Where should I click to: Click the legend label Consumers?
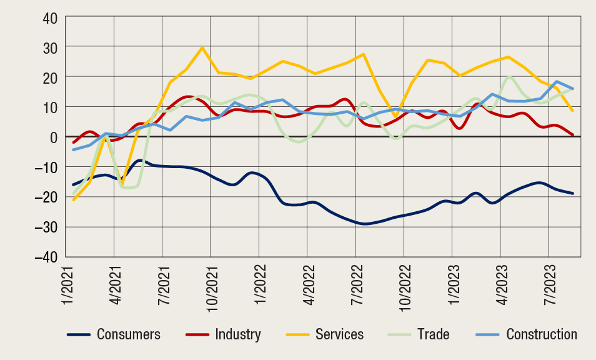point(128,334)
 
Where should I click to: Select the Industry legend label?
point(237,334)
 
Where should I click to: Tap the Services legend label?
point(339,334)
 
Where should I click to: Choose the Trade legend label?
point(434,334)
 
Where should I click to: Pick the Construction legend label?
point(542,334)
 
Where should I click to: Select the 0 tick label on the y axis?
point(54,137)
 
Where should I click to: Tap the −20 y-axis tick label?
point(47,197)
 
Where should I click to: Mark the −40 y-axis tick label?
point(47,257)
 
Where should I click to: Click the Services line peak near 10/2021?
point(202,47)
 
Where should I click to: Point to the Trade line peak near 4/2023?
point(510,77)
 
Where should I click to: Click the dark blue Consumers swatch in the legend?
point(79,334)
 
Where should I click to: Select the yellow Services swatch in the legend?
point(298,334)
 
